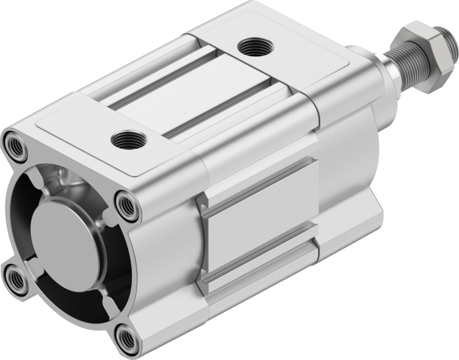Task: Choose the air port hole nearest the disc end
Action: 129,140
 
